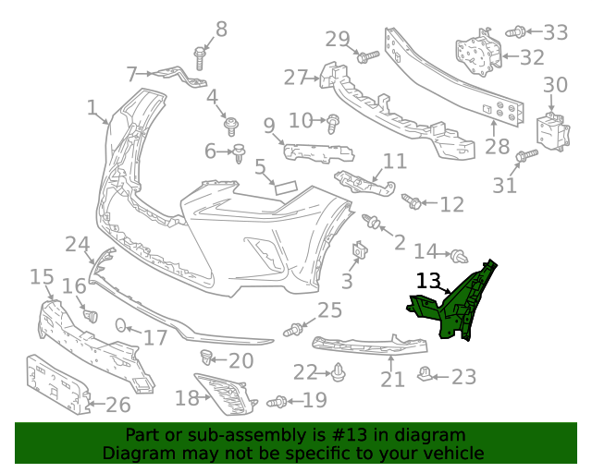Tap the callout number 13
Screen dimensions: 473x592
click(x=428, y=281)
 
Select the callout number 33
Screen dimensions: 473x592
click(x=555, y=32)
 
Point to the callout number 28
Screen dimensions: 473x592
click(x=497, y=146)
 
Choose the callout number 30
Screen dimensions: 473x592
click(x=555, y=86)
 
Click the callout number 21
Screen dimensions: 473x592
click(x=393, y=379)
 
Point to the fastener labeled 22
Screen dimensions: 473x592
click(x=339, y=373)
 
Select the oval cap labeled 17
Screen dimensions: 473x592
click(x=120, y=324)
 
